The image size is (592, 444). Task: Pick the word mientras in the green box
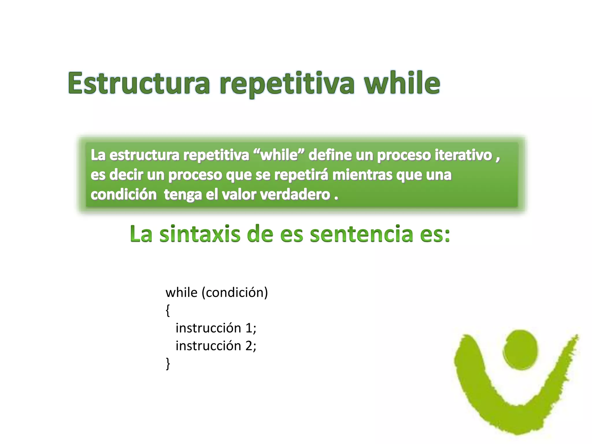[x=363, y=175]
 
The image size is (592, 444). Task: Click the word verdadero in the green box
[x=295, y=194]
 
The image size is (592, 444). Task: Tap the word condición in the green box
[x=124, y=194]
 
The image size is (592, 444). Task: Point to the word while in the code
[x=182, y=293]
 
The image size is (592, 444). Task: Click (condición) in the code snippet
[x=235, y=293]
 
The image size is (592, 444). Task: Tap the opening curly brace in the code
[x=168, y=310]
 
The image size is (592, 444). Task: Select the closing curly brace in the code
[x=168, y=364]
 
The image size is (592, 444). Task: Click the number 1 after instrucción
[x=249, y=328]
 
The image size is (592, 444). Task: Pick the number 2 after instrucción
[x=249, y=346]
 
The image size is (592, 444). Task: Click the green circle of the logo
[x=521, y=350]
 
